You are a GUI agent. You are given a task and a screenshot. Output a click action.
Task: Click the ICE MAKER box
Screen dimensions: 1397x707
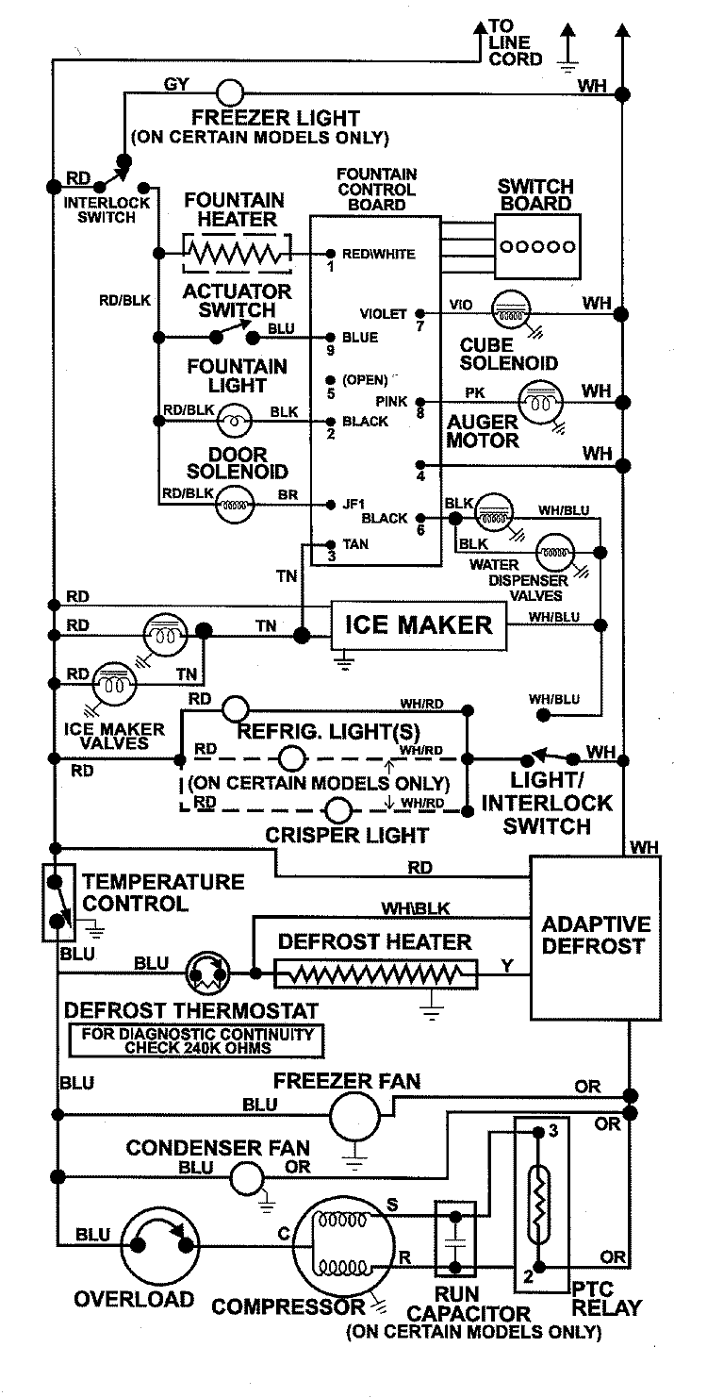418,624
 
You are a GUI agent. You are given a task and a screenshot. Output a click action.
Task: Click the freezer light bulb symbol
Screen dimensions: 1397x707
230,91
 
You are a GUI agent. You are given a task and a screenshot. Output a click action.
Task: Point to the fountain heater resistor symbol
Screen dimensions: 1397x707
237,253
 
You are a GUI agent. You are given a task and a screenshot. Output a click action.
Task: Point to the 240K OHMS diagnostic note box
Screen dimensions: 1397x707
196,1040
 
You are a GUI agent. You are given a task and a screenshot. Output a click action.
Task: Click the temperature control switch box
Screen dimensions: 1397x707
58,901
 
